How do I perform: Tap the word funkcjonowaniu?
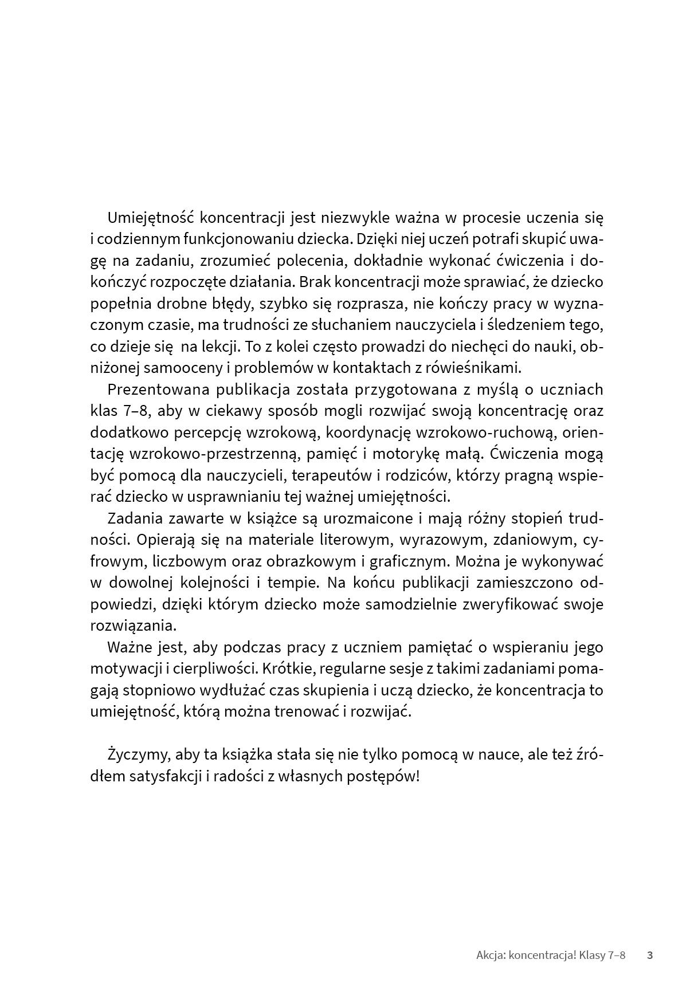pyautogui.click(x=247, y=239)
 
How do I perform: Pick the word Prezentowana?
pyautogui.click(x=155, y=390)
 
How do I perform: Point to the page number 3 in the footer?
pyautogui.click(x=650, y=955)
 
